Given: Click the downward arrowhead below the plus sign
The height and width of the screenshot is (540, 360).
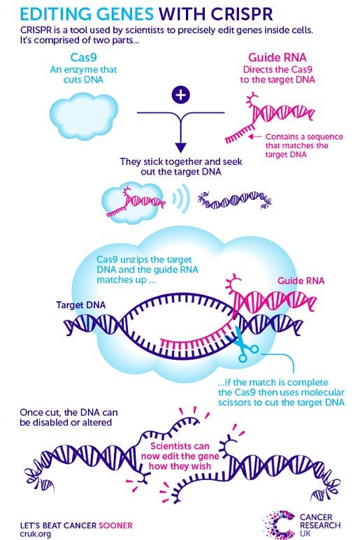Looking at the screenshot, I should tap(180, 147).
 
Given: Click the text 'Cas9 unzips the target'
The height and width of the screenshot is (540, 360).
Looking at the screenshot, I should tap(145, 258).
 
